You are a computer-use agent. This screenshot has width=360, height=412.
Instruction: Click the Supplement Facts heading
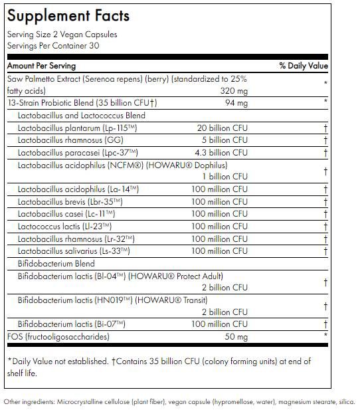point(68,16)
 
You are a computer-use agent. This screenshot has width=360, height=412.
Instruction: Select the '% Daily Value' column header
point(304,66)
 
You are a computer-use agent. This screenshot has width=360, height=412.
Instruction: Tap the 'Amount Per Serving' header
point(41,66)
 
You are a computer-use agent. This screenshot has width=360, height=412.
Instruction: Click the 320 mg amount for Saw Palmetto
point(233,90)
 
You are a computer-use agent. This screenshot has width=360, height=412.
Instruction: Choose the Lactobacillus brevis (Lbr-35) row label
point(70,201)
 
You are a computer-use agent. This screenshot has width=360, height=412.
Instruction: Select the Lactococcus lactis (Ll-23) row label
point(66,226)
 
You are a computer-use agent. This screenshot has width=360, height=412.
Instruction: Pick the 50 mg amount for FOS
point(236,337)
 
